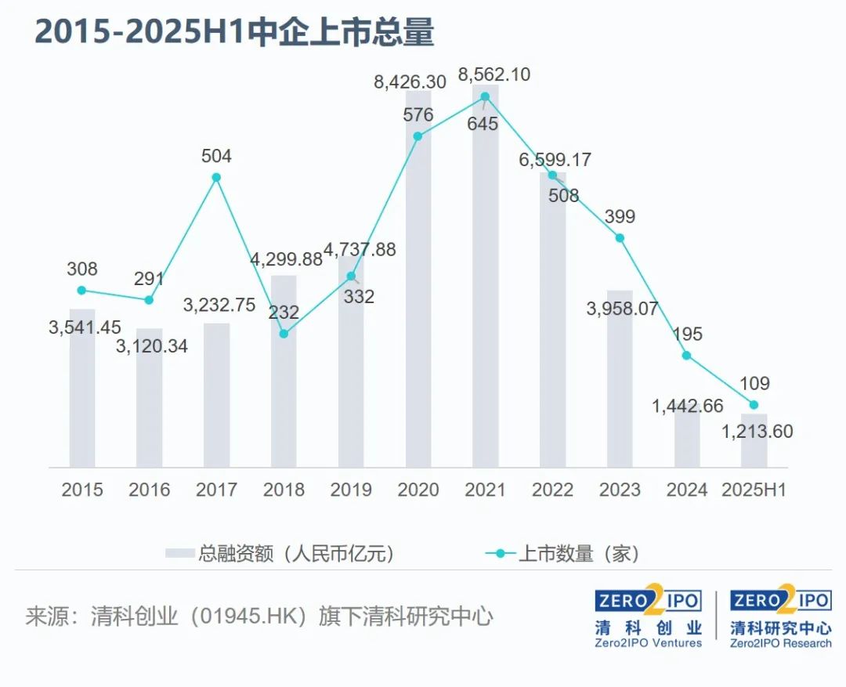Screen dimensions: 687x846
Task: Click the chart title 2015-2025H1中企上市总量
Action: (234, 33)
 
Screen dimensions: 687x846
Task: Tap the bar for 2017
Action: (216, 396)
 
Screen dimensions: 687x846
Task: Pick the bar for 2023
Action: (620, 380)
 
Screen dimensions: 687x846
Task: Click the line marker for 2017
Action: (216, 178)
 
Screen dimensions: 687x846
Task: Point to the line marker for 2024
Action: (687, 355)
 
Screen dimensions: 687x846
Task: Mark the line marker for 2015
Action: (82, 290)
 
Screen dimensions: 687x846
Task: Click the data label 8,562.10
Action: (494, 74)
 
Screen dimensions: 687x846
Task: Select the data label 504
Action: (216, 157)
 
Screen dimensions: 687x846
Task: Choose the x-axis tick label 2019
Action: (351, 490)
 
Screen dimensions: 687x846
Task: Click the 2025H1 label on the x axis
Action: (754, 490)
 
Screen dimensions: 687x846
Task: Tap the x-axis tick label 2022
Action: (552, 490)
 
